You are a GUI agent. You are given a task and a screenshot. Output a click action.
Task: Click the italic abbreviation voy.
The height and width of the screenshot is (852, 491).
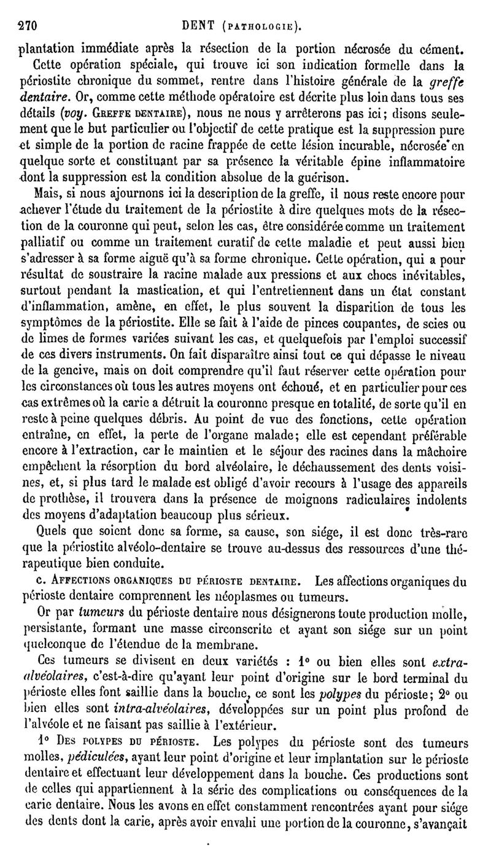point(83,130)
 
